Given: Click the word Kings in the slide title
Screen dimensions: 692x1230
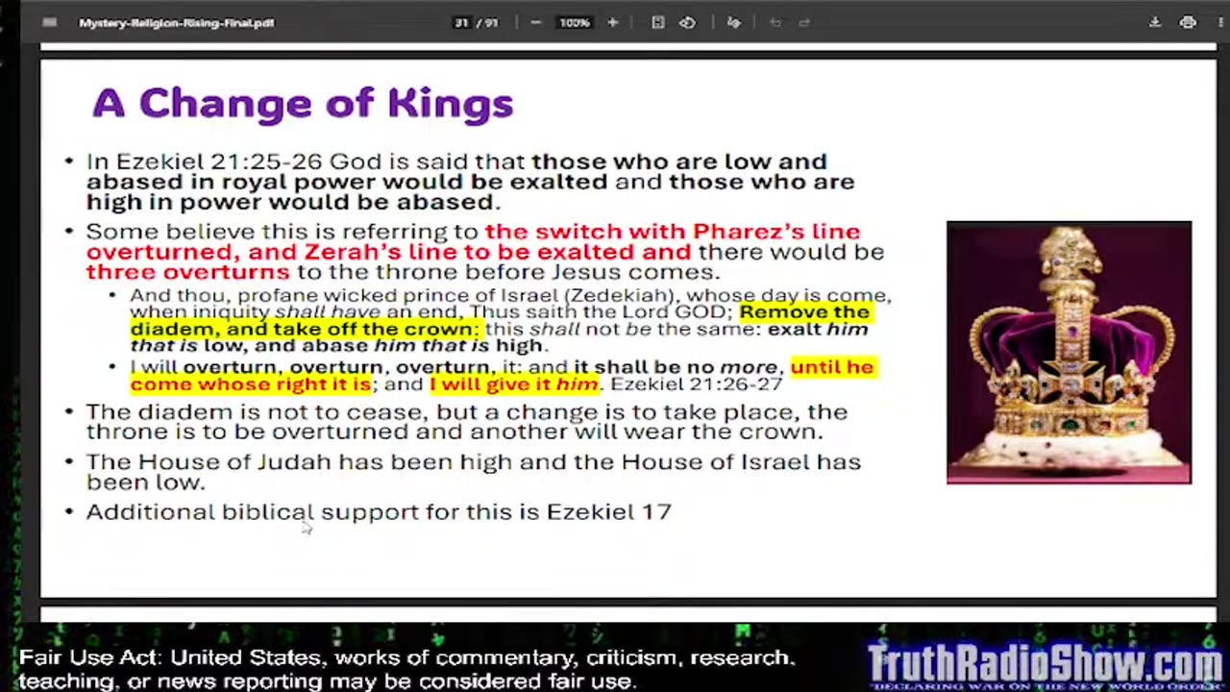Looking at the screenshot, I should pos(451,104).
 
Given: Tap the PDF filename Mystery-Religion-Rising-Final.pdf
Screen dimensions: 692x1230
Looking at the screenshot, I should pos(177,22).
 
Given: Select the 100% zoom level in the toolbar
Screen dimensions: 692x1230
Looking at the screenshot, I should pos(575,22).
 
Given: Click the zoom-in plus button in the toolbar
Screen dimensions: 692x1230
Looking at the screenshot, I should pos(612,22).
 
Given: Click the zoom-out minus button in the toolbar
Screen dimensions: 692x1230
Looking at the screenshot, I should pos(535,22).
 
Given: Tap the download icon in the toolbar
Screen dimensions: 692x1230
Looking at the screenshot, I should pos(1154,22).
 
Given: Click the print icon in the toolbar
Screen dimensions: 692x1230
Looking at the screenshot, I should pos(1188,22).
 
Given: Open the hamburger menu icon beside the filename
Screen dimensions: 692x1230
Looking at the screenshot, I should pos(50,22).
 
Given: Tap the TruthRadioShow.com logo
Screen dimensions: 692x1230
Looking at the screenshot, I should pos(1045,664).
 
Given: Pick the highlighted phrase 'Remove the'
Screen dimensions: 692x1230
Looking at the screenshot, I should pos(804,311).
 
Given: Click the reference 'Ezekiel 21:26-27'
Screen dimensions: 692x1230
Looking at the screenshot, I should pos(697,384).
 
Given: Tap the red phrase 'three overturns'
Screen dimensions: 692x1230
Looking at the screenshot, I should pos(187,272).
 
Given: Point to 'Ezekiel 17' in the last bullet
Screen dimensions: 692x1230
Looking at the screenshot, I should pos(608,511).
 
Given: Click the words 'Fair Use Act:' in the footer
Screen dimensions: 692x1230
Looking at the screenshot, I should pos(90,658).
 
